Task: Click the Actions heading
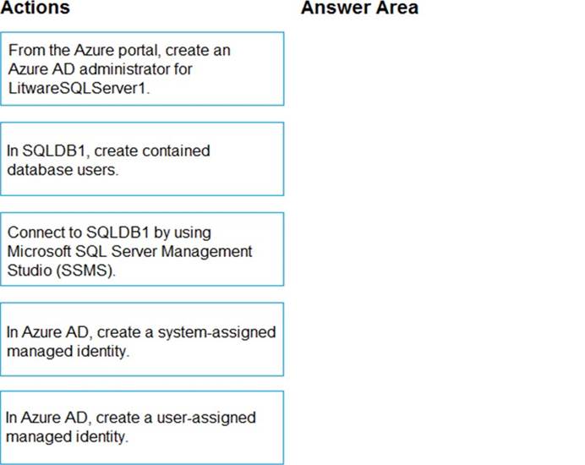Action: [35, 7]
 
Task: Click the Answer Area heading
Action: [359, 7]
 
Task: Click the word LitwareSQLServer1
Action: [79, 88]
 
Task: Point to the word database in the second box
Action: [40, 170]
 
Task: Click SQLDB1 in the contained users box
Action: [57, 150]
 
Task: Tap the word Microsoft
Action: [39, 251]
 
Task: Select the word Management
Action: [206, 251]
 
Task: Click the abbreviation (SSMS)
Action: [86, 271]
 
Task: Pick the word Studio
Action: [30, 271]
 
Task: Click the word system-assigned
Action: [216, 332]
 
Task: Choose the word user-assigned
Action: [206, 418]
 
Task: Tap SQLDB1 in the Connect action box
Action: [118, 232]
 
